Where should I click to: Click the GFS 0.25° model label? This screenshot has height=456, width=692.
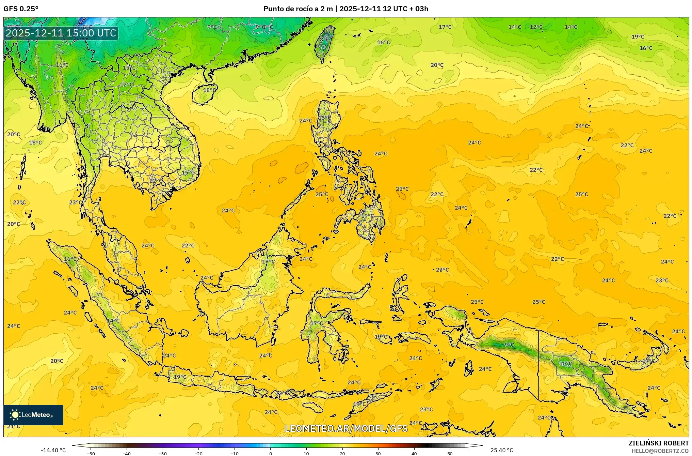tap(21, 9)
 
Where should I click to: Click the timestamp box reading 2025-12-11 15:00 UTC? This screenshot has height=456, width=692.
tap(61, 33)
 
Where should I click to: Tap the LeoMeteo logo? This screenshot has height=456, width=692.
tap(33, 415)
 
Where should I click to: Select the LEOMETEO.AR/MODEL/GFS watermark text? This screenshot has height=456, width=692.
tap(346, 428)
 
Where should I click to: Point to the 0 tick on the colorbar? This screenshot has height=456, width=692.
tap(271, 453)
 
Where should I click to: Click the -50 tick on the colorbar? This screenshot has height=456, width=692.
tap(91, 453)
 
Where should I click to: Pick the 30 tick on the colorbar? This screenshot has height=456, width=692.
tap(378, 453)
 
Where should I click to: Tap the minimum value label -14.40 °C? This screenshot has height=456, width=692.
tap(53, 450)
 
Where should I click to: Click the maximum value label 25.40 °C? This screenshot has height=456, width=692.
tap(502, 450)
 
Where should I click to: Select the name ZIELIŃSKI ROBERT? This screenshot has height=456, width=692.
tap(658, 443)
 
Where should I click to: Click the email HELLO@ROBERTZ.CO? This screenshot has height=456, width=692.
tap(660, 451)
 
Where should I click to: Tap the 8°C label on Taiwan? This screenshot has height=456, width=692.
tap(325, 40)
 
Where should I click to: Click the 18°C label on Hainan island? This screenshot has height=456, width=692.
tap(209, 90)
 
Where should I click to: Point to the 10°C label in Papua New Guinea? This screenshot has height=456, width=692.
tap(566, 364)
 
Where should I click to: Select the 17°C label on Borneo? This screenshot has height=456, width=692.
tap(268, 262)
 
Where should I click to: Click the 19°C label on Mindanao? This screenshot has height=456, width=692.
tap(367, 216)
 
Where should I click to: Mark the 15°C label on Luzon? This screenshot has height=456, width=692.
tap(324, 118)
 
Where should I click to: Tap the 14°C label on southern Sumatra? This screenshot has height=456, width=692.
tap(113, 321)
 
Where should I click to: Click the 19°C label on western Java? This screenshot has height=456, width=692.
tap(180, 377)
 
